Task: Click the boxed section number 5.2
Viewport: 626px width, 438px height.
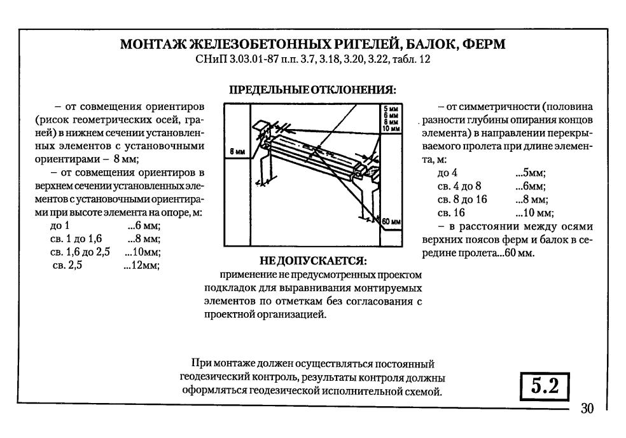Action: pos(543,385)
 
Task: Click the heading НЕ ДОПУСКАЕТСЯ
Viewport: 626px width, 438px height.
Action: pos(314,262)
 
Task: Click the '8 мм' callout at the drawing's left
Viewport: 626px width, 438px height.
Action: pos(238,152)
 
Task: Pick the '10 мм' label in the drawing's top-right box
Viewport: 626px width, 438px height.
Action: pos(393,128)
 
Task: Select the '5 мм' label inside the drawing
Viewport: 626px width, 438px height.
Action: pos(393,110)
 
